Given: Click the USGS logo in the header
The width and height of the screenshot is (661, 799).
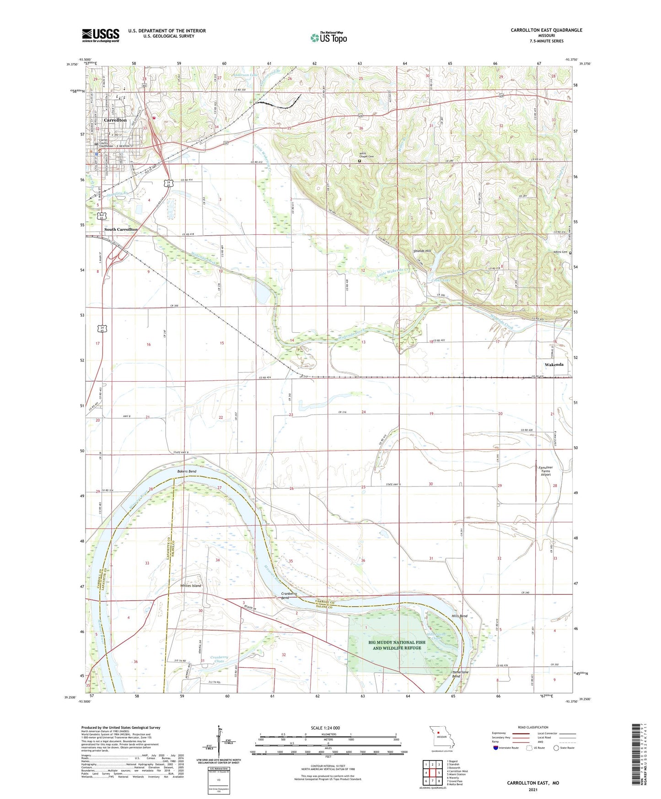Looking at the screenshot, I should [x=101, y=35].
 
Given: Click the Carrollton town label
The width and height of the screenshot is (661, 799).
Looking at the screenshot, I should [x=115, y=120].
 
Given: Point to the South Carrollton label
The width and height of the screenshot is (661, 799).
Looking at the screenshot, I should [x=121, y=229].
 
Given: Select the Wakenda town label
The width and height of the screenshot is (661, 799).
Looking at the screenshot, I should [x=554, y=364].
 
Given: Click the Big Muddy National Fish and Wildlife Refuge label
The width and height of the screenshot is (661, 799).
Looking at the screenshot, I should [x=397, y=645].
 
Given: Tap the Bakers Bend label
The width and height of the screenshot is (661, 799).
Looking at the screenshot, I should [x=187, y=471].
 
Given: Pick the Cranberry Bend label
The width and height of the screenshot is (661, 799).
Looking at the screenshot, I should [x=289, y=595].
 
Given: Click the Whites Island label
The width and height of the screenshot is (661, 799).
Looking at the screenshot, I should [x=190, y=586].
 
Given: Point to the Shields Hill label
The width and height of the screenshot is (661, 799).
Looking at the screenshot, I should [x=422, y=251].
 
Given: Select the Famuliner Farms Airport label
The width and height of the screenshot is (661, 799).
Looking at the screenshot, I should [x=546, y=471].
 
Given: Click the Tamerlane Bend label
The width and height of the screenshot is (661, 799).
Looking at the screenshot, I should [x=460, y=674].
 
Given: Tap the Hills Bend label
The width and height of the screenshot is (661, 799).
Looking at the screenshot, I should [x=460, y=616].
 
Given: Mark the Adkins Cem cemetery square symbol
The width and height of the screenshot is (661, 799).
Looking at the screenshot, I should [x=570, y=253].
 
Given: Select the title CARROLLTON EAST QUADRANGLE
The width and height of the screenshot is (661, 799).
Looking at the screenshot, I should [x=546, y=30].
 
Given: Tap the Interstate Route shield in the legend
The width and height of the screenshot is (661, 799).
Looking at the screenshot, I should [x=496, y=748].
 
